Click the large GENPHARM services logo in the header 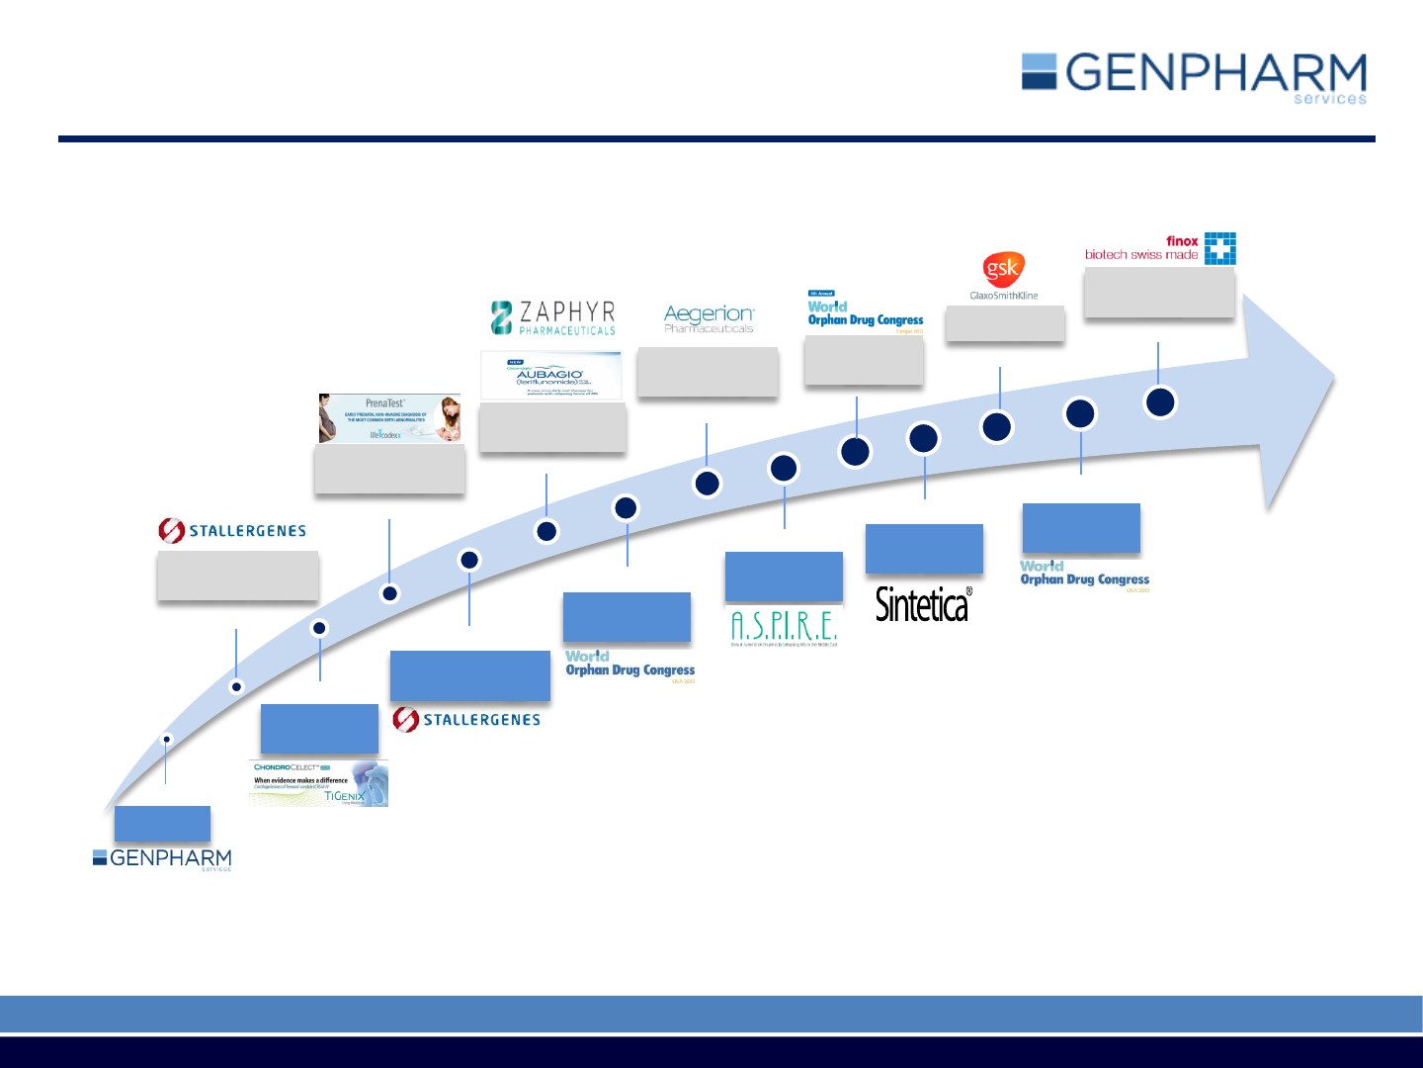1194,77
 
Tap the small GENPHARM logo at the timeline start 162,858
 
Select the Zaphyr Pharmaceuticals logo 553,317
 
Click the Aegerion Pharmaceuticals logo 709,318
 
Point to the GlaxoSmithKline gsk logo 1003,276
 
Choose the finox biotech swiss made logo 1160,248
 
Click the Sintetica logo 923,604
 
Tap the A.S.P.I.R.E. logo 784,627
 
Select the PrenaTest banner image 389,418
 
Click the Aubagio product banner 551,376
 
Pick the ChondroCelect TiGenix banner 318,783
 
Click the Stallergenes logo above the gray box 232,531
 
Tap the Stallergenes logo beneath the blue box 466,720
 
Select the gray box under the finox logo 1159,294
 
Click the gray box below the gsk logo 1005,323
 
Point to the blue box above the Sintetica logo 924,549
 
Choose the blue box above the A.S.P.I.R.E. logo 784,577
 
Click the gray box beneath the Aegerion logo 708,372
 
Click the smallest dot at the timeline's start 167,739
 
